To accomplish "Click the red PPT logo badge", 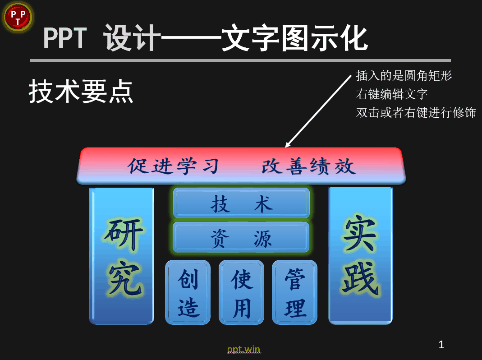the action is coord(18,17).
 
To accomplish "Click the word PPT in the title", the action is coord(65,38).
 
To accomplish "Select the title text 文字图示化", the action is coord(294,38).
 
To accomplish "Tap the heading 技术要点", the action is coord(81,91).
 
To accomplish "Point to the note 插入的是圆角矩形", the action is coord(404,76).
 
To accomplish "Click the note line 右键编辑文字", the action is coord(392,94).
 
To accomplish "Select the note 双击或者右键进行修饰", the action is coord(416,113).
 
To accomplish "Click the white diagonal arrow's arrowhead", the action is coord(288,145).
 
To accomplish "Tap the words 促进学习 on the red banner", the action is coord(173,166).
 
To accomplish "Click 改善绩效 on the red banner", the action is coord(309,166).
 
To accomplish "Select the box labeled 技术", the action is coord(241,203).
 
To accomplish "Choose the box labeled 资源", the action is coord(241,238).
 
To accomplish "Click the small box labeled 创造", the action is coord(188,292).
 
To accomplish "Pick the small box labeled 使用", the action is coord(241,292).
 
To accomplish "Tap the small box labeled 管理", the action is coord(294,292).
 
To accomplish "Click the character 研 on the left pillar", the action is coord(124,234).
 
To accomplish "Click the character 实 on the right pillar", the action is coord(359,234).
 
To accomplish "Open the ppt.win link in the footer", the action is coord(243,349).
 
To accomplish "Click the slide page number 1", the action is coord(441,345).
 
